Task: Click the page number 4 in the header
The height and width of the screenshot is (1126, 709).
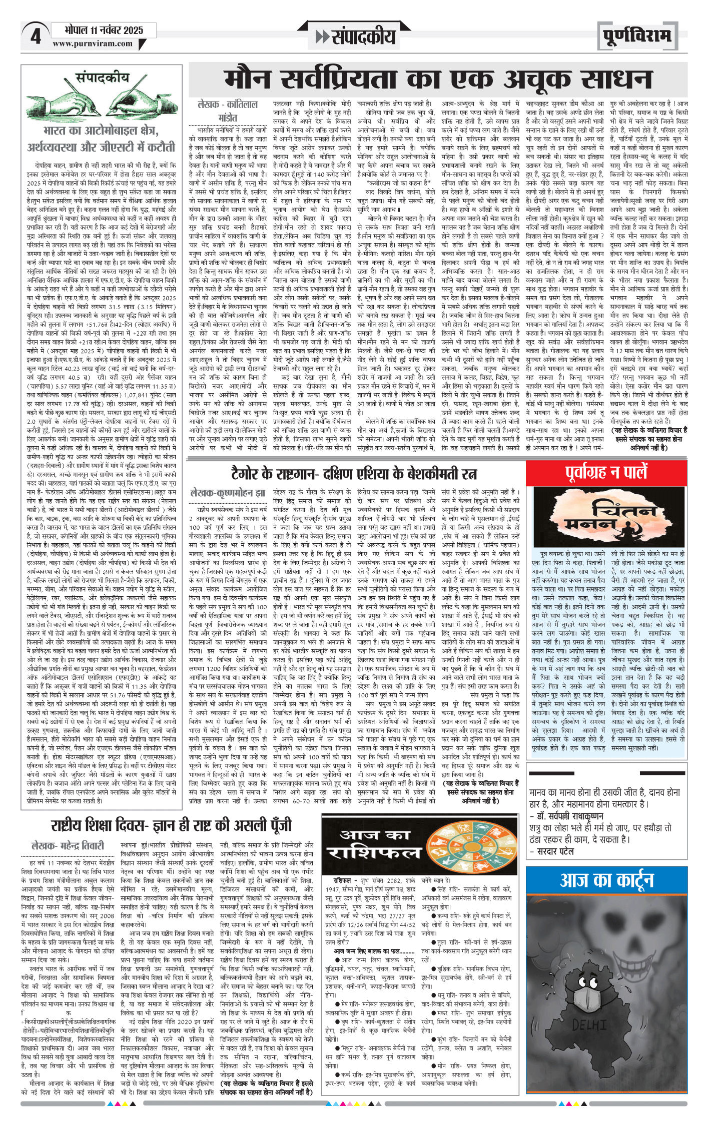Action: click(35, 37)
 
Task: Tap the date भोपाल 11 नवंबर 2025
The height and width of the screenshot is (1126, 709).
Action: click(104, 31)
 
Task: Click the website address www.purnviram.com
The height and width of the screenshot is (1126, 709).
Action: click(93, 44)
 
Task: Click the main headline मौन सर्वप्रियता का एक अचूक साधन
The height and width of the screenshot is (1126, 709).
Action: click(438, 80)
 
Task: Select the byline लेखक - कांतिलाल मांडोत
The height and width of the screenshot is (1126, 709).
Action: click(228, 111)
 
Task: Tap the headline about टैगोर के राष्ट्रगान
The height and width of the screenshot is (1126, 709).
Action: click(354, 473)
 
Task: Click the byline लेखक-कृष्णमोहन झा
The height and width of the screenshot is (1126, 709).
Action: click(228, 493)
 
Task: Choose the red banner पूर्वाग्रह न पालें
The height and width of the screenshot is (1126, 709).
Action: click(606, 472)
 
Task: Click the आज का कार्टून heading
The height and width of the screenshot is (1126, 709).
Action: click(606, 880)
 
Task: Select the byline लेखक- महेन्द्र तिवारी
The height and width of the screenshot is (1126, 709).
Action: click(68, 846)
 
